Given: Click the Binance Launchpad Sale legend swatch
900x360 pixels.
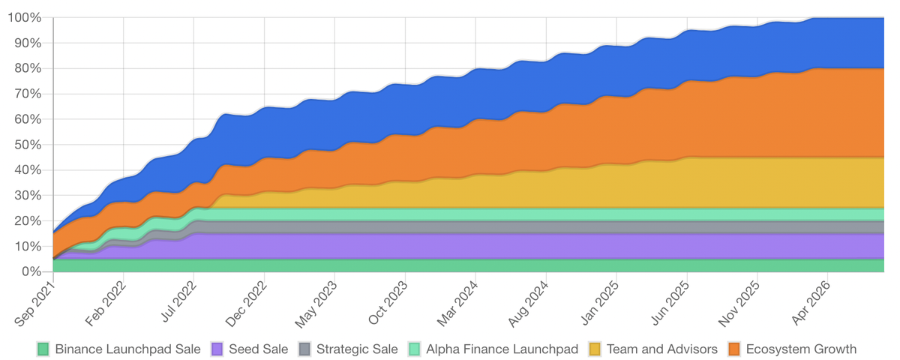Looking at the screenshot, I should coord(43,349).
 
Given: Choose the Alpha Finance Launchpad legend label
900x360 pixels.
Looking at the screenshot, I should coord(502,349).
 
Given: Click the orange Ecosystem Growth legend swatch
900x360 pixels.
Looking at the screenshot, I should coord(735,349).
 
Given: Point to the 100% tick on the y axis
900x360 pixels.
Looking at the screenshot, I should coord(25,18).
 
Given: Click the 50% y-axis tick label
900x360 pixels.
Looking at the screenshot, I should coord(28,145).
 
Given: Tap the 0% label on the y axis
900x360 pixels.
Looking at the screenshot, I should coord(31,271).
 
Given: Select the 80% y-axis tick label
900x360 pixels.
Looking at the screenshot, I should coord(28,69).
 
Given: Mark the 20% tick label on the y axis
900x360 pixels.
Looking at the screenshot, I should coord(28,221).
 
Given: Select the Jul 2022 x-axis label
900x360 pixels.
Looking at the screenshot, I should coord(178,301).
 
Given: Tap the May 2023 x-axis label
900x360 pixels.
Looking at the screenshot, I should coord(317,303).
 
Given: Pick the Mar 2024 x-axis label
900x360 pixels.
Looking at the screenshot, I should coord(459,302).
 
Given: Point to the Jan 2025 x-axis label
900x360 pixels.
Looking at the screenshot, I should coord(600,302).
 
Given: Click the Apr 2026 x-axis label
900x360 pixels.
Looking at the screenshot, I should coord(811,302).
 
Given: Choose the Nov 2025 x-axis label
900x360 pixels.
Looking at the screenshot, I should coord(740,303).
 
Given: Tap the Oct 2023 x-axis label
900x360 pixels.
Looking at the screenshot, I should coord(388,302).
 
